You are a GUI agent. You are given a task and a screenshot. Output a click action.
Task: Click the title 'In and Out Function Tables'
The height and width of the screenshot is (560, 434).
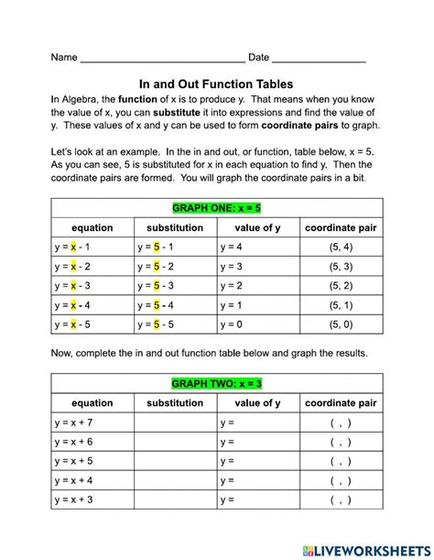click(x=216, y=81)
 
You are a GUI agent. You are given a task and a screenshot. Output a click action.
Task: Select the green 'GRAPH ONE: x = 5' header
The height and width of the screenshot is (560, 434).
click(x=216, y=207)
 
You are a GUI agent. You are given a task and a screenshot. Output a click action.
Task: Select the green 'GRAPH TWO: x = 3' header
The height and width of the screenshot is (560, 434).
click(x=216, y=382)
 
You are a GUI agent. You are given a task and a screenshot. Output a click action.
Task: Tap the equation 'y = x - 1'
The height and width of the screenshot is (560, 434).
click(x=72, y=247)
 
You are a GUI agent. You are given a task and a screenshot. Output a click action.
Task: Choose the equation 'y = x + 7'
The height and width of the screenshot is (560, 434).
click(x=73, y=423)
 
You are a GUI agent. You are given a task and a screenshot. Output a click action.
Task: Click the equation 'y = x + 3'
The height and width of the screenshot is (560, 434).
click(x=73, y=500)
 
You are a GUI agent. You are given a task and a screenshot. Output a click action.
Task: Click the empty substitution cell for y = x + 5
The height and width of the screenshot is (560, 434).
click(x=175, y=461)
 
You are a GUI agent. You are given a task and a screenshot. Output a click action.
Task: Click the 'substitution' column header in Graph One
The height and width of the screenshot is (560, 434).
click(x=175, y=227)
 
